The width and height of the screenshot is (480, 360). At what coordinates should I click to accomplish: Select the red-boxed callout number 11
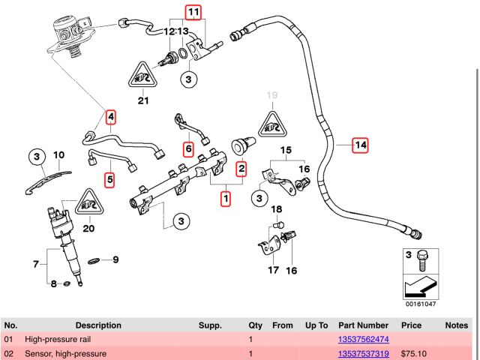coord(194,12)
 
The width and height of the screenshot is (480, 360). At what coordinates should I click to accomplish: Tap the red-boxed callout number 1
coord(224,199)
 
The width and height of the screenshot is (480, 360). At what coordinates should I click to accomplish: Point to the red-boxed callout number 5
coord(188,149)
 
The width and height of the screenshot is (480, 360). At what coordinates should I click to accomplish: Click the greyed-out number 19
coord(271,95)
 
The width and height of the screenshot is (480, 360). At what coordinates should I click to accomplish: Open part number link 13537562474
coord(363,339)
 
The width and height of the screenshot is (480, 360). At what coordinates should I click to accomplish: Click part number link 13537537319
coord(363,353)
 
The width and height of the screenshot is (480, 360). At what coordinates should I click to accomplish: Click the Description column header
coord(97,325)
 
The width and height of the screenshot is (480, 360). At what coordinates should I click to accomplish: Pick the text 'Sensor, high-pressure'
coord(65,353)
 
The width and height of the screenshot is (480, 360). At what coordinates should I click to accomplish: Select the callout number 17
coord(273,269)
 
